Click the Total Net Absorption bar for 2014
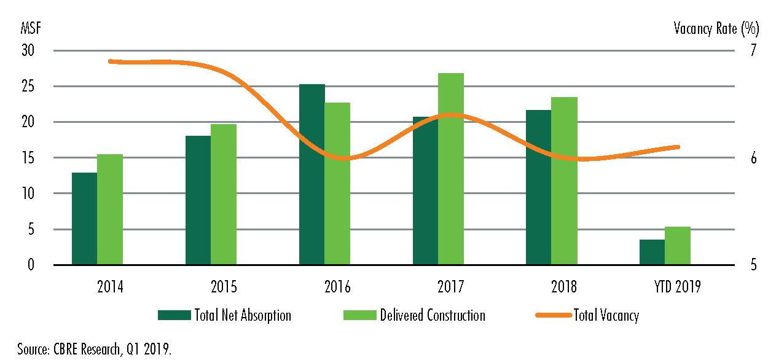84,219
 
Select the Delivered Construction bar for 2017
451,169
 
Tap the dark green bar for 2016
312,174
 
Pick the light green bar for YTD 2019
678,246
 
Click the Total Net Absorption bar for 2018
538,187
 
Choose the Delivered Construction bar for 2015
224,194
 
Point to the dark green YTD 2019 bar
652,252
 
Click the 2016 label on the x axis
337,287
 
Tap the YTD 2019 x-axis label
677,287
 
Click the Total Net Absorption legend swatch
174,316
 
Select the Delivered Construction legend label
433,316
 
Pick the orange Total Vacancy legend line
552,316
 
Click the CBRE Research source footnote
86,350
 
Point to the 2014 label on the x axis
109,287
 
